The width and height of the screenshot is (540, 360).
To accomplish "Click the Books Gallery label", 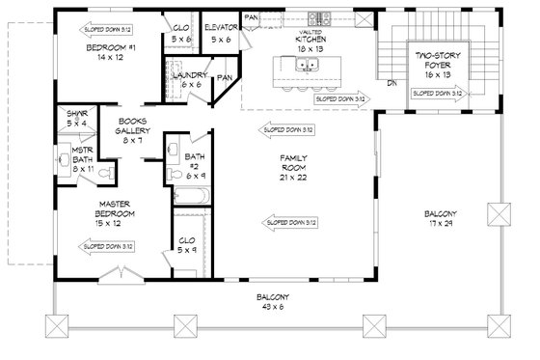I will [x=132, y=132].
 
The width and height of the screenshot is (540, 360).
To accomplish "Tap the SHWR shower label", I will [x=78, y=119].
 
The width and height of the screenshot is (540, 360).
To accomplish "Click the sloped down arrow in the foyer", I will [x=438, y=93].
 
